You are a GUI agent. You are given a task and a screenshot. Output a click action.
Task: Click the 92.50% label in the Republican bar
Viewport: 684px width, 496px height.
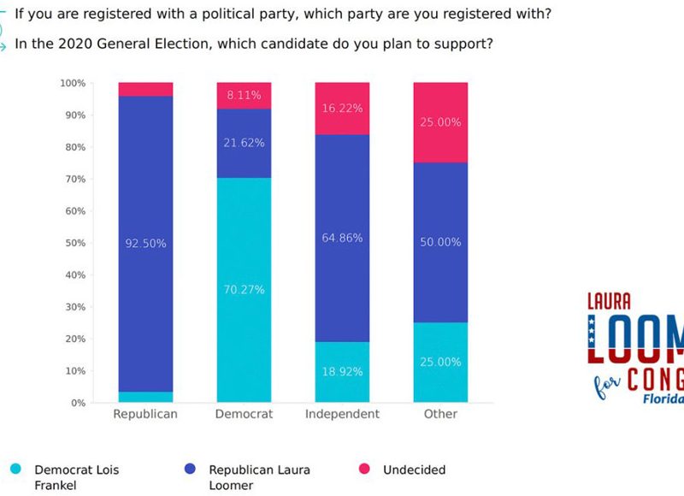[145, 244]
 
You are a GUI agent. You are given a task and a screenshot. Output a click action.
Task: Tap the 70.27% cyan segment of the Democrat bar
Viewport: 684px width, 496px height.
[244, 290]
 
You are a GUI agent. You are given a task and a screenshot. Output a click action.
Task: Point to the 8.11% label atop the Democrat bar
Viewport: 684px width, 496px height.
[244, 96]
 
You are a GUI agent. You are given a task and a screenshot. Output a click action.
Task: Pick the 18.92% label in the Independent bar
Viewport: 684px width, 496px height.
[342, 372]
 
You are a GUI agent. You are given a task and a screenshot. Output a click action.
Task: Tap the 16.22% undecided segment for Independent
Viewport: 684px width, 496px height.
[342, 109]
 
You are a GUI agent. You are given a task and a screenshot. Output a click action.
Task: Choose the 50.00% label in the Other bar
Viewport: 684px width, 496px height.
[440, 243]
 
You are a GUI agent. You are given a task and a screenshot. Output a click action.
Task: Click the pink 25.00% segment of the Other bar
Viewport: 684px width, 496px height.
[440, 122]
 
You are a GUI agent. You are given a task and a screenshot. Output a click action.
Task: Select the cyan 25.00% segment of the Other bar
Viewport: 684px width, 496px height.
[440, 362]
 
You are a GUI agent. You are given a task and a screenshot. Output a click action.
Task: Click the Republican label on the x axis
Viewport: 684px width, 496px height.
[145, 414]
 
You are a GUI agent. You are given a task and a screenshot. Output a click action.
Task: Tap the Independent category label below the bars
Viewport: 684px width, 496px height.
[342, 414]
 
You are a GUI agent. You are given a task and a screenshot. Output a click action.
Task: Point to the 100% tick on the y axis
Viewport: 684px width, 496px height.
[73, 83]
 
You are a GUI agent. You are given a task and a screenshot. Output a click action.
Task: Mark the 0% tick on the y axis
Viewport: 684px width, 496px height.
[78, 403]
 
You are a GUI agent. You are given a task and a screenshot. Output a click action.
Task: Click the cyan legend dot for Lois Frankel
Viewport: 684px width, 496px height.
[15, 469]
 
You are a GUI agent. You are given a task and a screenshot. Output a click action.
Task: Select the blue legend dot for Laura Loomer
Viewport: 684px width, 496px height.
[190, 469]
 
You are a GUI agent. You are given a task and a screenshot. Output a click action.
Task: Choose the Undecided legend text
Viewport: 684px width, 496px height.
[414, 469]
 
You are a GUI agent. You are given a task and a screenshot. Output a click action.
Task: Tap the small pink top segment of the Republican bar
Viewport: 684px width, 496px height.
[145, 89]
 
